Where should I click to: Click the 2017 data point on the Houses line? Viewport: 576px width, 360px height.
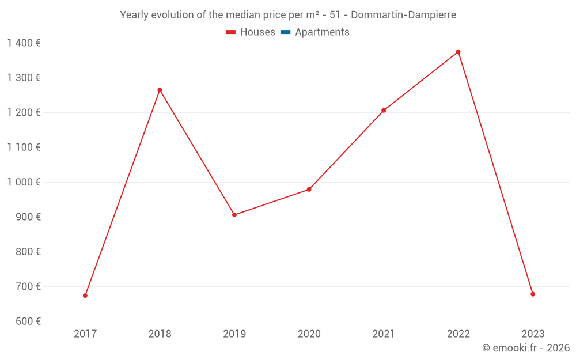(85, 295)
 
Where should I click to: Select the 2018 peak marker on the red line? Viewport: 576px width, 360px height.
(160, 90)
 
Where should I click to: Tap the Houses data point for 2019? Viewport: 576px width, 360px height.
(234, 215)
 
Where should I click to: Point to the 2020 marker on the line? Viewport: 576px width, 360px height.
(309, 190)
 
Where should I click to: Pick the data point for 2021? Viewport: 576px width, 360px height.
(384, 111)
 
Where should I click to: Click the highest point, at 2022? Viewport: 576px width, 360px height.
(458, 52)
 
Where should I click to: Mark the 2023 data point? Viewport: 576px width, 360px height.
(533, 294)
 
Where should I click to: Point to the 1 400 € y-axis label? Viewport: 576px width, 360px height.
(24, 43)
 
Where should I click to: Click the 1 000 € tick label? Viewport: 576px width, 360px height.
(24, 182)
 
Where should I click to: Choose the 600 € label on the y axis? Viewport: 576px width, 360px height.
(27, 321)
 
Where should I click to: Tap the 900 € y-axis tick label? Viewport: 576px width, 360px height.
(27, 217)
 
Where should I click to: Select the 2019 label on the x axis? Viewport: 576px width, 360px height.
(234, 334)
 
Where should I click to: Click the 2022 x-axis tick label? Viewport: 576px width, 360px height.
(458, 334)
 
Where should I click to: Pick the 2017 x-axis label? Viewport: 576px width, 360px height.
(85, 334)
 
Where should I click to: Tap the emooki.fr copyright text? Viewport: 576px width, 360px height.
(526, 348)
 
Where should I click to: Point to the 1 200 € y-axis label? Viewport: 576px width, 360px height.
(24, 112)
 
